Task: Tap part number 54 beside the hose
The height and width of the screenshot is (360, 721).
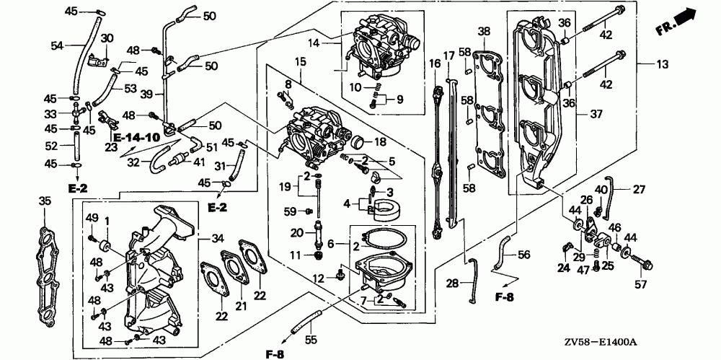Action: [x=57, y=45]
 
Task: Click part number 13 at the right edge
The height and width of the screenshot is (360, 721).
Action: [x=663, y=65]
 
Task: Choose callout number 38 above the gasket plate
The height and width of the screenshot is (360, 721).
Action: [x=483, y=31]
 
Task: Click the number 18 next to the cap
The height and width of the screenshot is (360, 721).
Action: [x=380, y=141]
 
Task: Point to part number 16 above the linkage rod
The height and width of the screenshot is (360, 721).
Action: [x=434, y=63]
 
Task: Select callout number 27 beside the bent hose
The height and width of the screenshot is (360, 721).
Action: [x=639, y=190]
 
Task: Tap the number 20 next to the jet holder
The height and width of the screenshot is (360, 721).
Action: [x=297, y=232]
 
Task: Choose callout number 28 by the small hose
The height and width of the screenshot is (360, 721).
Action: [x=452, y=284]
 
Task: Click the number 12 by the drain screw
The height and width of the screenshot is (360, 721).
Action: [x=318, y=278]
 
